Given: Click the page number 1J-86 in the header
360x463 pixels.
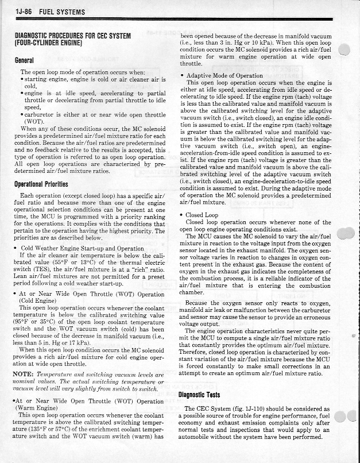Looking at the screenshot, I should point(17,11).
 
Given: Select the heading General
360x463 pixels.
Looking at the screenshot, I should point(25,60).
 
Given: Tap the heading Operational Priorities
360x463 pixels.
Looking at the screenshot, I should point(43,185).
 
